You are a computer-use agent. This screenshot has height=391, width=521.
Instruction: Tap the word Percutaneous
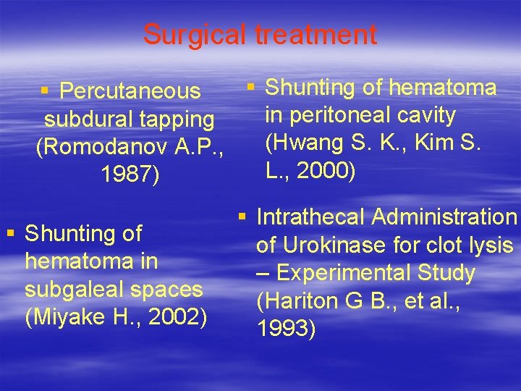(x=130, y=91)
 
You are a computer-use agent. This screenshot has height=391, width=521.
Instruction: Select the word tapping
(x=177, y=119)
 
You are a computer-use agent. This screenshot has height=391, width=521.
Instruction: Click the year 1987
(x=128, y=175)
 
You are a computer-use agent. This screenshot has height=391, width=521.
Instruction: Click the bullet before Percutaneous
(x=44, y=91)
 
